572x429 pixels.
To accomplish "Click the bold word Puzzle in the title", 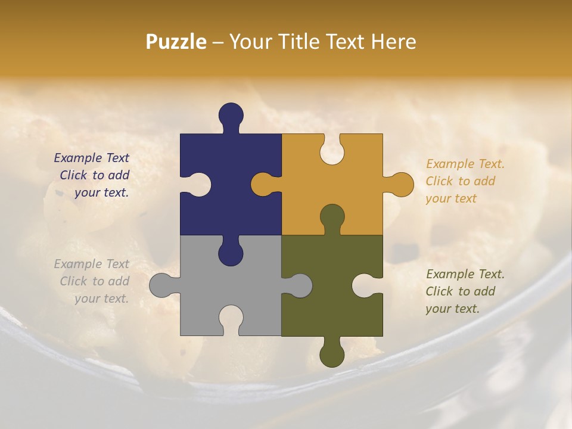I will coord(176,42).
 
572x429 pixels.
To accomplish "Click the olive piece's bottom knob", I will coord(332,353).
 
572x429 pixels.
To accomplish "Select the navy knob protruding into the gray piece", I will coord(231,251).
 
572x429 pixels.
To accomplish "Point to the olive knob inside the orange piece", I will coord(332,217).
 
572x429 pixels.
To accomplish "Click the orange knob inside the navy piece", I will coord(264,184).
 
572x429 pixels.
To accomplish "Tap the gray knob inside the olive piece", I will coord(299,285).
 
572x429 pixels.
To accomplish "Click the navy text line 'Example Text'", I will coord(91,158).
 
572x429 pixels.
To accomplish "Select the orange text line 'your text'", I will coord(451,198).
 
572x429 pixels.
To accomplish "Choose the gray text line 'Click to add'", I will coord(94,281).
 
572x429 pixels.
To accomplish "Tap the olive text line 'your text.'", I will coord(452,309).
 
